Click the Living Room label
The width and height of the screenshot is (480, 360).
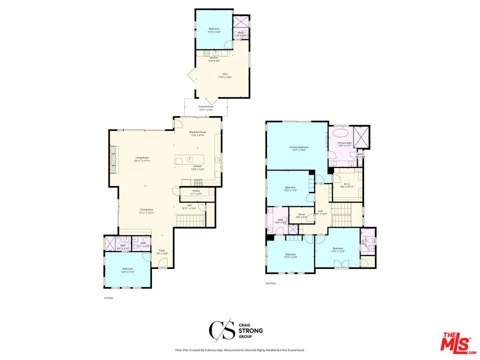(141, 157)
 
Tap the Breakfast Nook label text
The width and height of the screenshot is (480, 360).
(197, 132)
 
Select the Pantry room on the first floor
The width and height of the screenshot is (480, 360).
(196, 192)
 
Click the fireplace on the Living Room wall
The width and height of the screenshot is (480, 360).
(113, 159)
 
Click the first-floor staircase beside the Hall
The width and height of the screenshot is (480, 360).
(190, 219)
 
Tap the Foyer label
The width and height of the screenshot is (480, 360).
(162, 250)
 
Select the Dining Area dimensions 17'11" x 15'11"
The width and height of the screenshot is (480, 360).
(146, 213)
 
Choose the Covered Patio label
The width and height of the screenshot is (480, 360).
(206, 106)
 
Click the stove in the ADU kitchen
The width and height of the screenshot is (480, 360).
(216, 52)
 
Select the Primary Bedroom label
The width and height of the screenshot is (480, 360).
(298, 147)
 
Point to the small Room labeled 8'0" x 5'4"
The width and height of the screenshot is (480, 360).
(301, 215)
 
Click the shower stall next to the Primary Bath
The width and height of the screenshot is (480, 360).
(360, 136)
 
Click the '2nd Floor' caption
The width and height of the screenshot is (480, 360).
(270, 283)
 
